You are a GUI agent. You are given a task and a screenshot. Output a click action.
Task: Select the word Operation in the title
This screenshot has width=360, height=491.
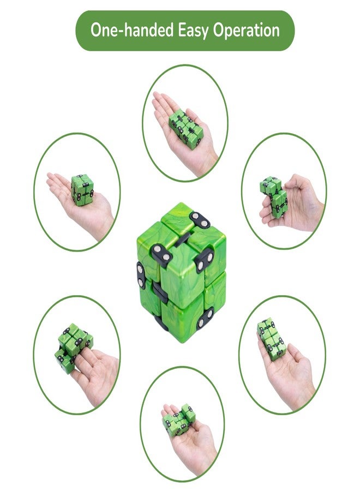(248, 31)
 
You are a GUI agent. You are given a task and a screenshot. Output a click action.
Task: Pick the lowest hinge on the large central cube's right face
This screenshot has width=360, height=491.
(206, 317)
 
